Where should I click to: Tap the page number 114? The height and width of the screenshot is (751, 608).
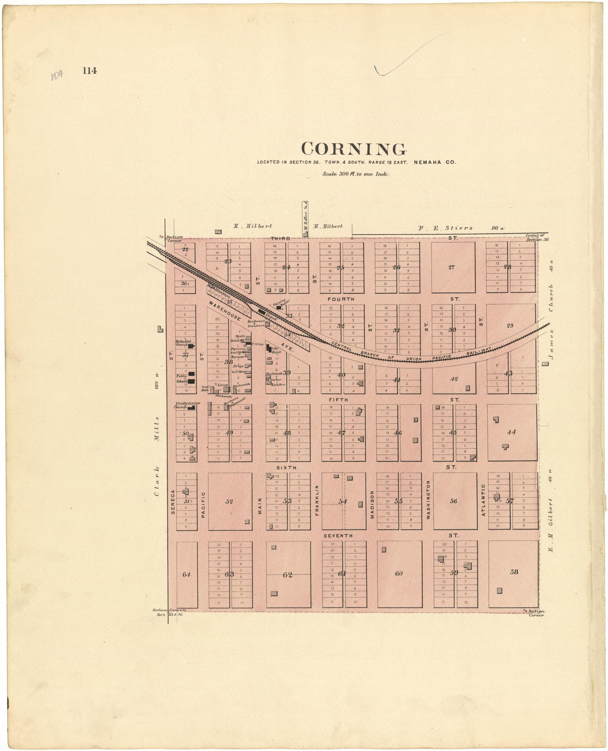(x=90, y=71)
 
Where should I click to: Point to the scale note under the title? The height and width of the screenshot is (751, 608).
(x=356, y=174)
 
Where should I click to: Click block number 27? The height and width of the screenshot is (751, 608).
(x=451, y=267)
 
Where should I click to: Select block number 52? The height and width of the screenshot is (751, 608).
(x=229, y=501)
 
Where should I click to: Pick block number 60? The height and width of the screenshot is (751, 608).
(x=399, y=574)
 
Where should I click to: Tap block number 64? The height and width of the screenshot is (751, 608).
(x=186, y=574)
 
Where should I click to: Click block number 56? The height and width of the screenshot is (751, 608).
(x=454, y=501)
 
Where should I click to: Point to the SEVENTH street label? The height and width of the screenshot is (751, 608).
(x=338, y=536)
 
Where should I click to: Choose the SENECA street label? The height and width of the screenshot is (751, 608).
(x=173, y=502)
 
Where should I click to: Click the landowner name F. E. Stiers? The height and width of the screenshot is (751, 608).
(x=445, y=228)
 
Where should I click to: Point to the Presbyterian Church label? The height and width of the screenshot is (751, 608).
(x=187, y=405)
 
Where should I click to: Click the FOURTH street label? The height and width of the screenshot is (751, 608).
(x=341, y=299)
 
